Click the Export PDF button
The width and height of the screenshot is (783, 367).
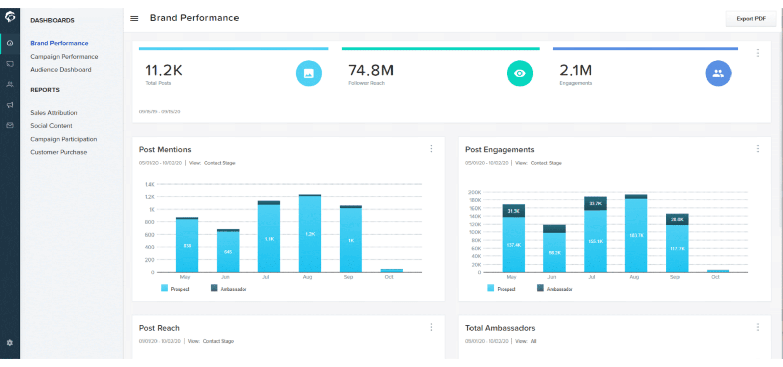[x=750, y=19]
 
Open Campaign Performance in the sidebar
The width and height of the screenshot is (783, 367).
[x=64, y=57]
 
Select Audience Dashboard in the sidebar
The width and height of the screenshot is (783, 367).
[x=61, y=70]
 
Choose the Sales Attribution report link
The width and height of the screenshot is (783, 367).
[x=54, y=113]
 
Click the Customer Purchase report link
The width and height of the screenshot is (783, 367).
[x=58, y=152]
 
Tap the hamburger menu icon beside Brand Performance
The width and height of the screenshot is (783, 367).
[x=135, y=19]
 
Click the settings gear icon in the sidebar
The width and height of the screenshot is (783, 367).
[x=10, y=343]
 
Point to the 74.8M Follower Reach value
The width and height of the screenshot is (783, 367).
[x=371, y=70]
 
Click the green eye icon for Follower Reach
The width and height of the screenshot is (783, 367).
[x=519, y=73]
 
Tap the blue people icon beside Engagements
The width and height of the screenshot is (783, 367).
[x=718, y=73]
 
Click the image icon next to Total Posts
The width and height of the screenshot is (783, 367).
[x=308, y=73]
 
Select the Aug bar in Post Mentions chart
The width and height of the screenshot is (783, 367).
[x=309, y=234]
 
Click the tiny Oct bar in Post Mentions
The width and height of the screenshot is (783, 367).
[x=391, y=270]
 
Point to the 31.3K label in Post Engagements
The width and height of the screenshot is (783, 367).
[x=513, y=211]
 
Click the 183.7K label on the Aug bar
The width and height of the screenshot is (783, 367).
[x=636, y=235]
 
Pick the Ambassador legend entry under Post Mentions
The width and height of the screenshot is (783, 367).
[x=229, y=289]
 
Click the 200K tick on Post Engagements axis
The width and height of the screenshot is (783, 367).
[x=474, y=192]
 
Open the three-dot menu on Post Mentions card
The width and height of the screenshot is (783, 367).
[x=431, y=149]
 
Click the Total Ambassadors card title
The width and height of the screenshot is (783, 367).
[x=500, y=328]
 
